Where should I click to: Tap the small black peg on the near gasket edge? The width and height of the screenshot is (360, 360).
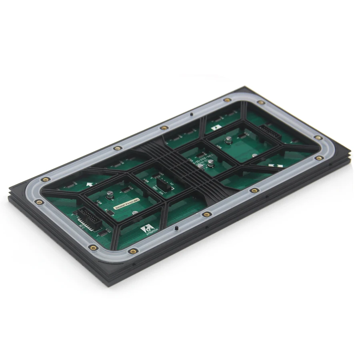click(x=176, y=228)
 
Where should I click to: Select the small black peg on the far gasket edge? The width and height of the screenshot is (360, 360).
click(x=192, y=114)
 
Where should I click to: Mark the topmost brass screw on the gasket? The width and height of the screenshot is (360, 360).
click(x=227, y=100)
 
